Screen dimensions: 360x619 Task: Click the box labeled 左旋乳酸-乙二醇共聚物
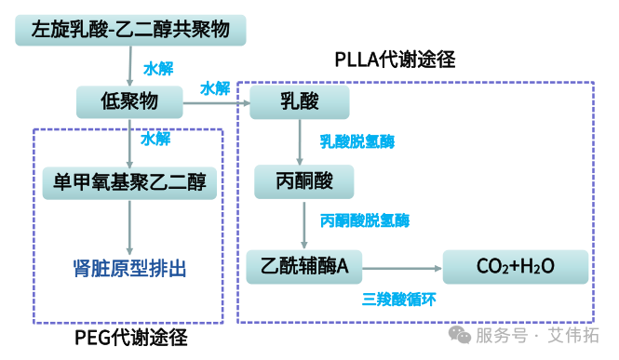pos(130,30)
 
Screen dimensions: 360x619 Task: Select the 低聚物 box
pos(129,101)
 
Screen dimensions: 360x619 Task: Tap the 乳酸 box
pos(300,101)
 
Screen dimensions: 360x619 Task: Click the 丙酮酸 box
pos(304,180)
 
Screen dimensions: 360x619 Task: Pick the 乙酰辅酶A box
pos(304,267)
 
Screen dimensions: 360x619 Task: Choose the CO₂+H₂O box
pos(515,267)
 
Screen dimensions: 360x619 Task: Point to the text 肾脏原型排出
pos(129,269)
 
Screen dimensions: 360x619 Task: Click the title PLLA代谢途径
pos(395,60)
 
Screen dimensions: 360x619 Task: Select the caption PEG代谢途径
pos(130,338)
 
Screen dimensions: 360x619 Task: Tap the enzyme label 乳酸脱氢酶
pos(357,142)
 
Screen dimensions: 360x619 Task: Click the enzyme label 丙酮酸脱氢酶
pos(364,221)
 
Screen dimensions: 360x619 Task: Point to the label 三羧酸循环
pos(398,300)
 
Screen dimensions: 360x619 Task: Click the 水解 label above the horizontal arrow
pos(215,88)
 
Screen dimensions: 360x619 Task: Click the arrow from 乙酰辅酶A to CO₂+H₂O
pos(401,268)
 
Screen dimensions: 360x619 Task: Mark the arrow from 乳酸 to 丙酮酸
pos(301,140)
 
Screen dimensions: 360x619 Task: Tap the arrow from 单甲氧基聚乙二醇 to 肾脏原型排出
pos(129,225)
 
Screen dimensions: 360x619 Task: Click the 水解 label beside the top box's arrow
pos(157,69)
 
